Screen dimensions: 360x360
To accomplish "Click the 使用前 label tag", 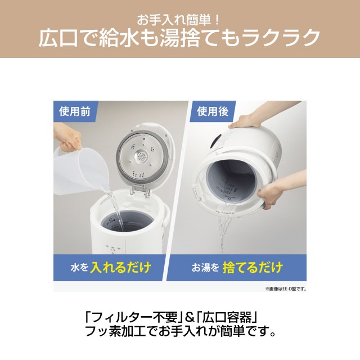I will click(x=74, y=111).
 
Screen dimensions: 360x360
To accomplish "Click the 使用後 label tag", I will click(x=210, y=111).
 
